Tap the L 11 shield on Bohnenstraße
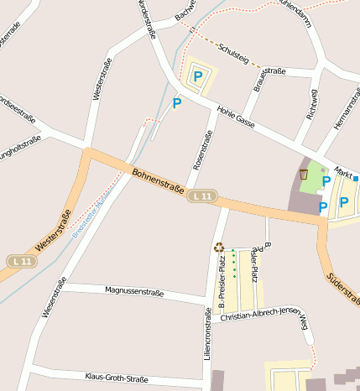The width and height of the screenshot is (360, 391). pos(202,196)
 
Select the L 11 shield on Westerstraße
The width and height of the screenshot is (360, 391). pos(23,262)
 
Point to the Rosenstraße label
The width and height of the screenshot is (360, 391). pos(201,148)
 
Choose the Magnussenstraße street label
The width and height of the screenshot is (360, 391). pos(137,291)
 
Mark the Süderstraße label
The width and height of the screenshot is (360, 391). pos(343,288)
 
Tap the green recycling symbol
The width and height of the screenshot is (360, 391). pos(219,248)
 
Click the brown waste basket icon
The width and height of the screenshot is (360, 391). pos(303,175)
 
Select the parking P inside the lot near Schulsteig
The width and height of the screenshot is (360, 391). pos(198,76)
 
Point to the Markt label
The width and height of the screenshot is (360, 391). pos(342,170)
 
